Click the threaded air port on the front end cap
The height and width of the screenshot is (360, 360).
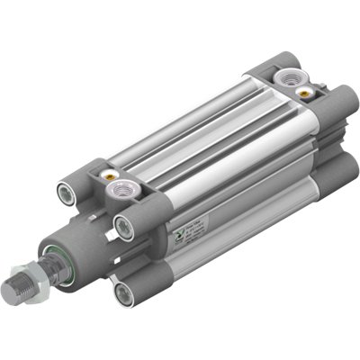123,192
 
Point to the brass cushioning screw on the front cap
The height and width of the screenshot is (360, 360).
112,175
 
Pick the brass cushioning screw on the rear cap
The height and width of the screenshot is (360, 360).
310,92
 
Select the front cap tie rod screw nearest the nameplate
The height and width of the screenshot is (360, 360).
124,224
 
